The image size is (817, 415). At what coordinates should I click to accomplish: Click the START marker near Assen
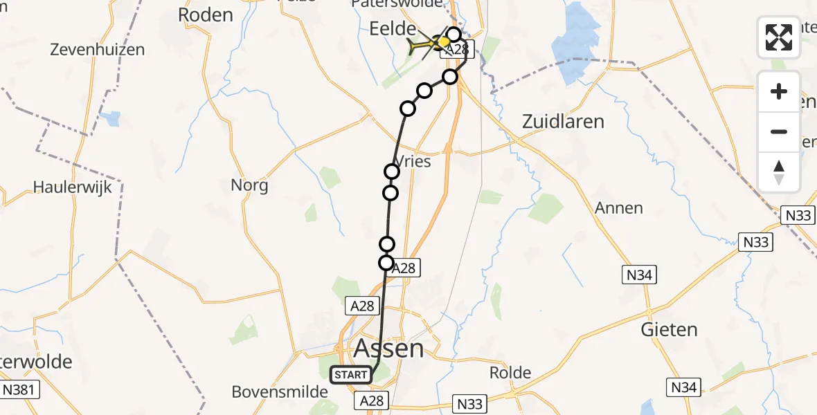pos(351,375)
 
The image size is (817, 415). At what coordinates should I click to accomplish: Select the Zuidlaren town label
pos(563,122)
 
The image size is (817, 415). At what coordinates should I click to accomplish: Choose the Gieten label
pos(669,329)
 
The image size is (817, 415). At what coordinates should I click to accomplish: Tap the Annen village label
pos(619,207)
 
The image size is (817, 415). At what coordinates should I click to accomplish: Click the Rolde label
pos(510,373)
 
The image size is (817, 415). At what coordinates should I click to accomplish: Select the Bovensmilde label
pos(280,392)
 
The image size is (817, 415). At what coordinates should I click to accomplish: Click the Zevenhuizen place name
pos(98,50)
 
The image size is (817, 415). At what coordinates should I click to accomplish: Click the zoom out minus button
pos(779,131)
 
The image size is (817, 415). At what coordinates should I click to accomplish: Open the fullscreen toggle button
pos(779,37)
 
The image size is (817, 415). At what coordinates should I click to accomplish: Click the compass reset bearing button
pos(779,172)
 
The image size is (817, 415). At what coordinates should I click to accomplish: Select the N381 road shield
pos(19,389)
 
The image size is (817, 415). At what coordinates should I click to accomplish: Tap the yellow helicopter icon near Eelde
pos(424,46)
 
